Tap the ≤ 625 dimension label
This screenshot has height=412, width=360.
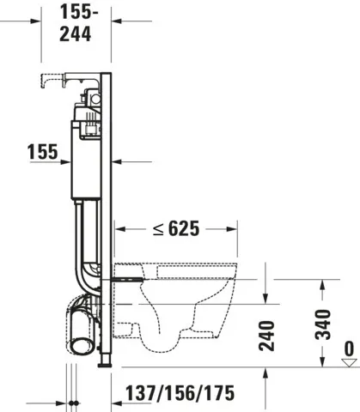coord(179,229)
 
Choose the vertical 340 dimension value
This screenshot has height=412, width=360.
coord(323,326)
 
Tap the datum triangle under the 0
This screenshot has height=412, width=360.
coord(347,363)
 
